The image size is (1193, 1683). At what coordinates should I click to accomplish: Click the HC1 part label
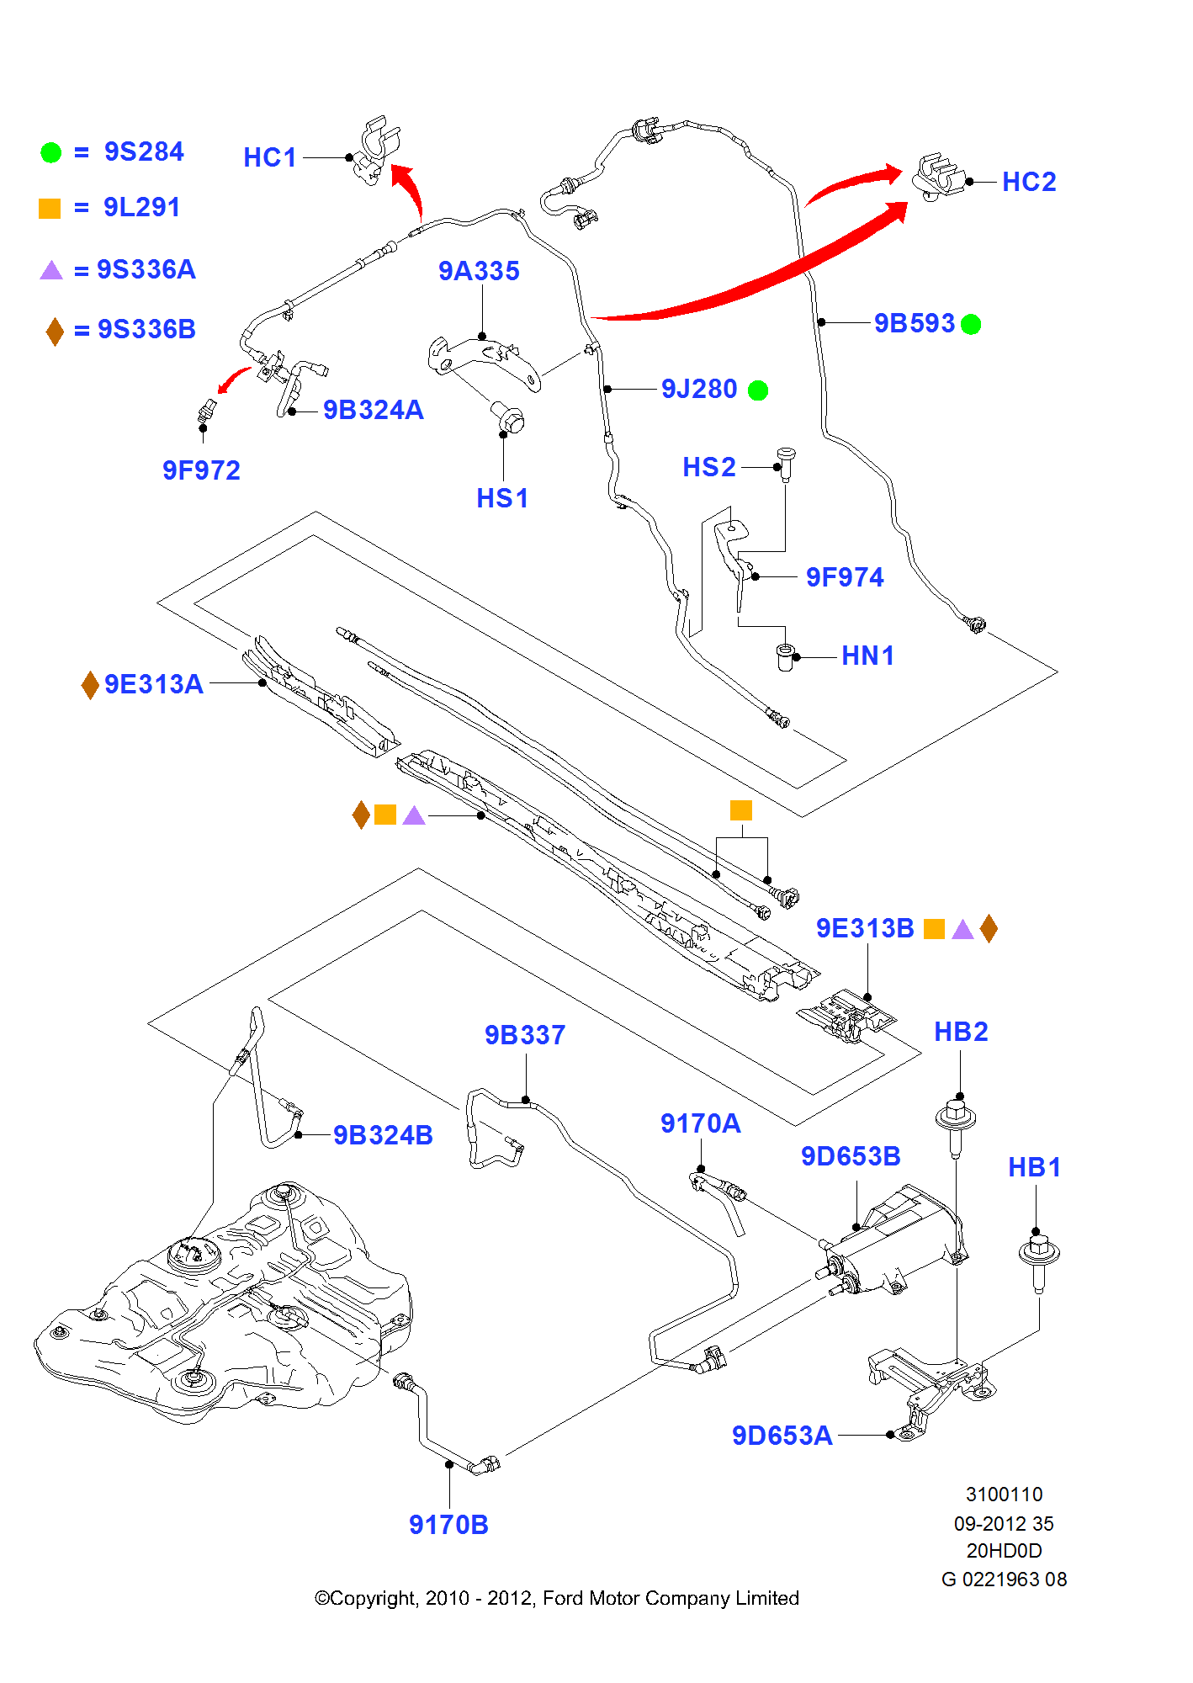270,157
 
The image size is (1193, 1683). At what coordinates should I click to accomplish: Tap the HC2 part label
1029,182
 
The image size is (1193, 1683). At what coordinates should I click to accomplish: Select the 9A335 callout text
479,271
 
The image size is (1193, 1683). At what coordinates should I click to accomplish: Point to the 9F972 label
201,470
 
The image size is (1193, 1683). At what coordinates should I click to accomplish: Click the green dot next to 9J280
758,390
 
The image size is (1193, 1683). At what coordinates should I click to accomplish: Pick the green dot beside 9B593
971,324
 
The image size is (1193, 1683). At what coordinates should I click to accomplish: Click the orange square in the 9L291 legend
50,208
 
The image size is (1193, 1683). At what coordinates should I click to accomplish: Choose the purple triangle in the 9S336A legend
51,270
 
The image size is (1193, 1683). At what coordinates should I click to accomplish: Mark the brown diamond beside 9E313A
90,685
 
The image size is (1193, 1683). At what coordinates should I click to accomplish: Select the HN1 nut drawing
785,656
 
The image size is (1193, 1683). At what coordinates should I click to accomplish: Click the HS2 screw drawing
786,464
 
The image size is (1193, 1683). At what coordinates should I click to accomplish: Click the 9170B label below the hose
448,1525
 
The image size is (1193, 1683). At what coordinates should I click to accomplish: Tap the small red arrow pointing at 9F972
233,379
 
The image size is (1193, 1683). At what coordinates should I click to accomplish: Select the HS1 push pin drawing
508,417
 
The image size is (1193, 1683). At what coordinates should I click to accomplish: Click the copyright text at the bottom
556,1598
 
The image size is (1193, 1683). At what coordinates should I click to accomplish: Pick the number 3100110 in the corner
1004,1495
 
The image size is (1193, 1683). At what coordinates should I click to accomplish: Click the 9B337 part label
525,1035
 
